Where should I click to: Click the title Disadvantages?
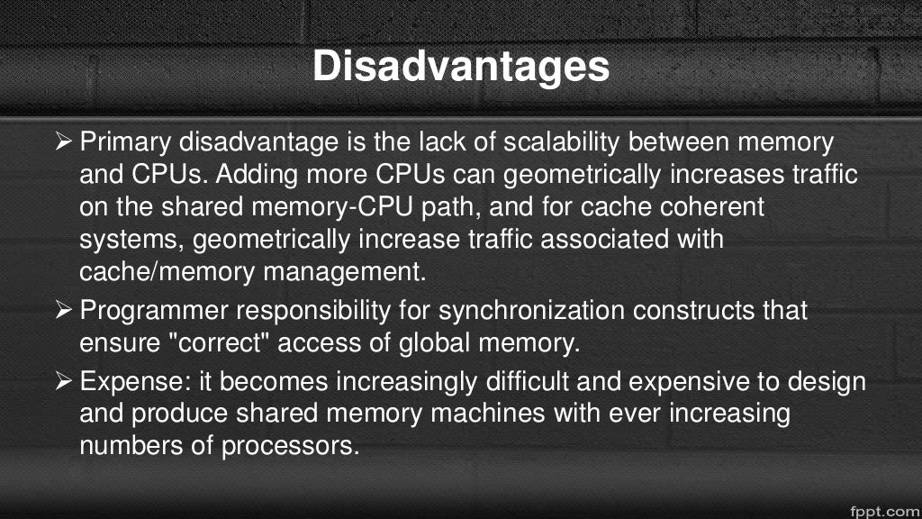point(460,67)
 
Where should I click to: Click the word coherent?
point(705,207)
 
